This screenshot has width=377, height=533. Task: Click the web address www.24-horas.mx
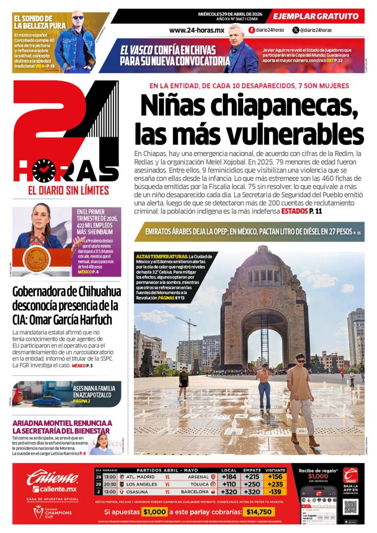(196, 30)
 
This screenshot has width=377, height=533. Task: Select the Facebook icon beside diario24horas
(252, 30)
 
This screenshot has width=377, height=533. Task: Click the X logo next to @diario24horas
(296, 30)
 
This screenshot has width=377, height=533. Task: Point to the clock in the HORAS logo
(44, 170)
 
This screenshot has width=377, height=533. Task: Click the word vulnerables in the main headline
(298, 133)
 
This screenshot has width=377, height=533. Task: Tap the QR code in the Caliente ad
(350, 507)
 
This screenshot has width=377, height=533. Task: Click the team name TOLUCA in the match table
(200, 484)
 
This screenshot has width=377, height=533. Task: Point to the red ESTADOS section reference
(295, 211)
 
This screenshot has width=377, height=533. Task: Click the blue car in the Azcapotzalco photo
(47, 400)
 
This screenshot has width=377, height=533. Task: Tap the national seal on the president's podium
(37, 259)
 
